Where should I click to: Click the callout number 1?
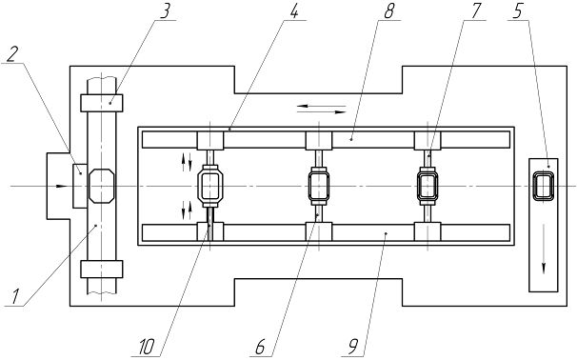click(x=14, y=297)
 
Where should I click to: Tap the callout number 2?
click(x=12, y=55)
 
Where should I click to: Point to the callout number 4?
click(x=293, y=11)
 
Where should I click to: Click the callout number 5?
click(x=517, y=11)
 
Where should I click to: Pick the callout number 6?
click(x=260, y=347)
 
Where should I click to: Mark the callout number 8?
click(x=388, y=11)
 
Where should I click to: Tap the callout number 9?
click(x=352, y=347)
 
